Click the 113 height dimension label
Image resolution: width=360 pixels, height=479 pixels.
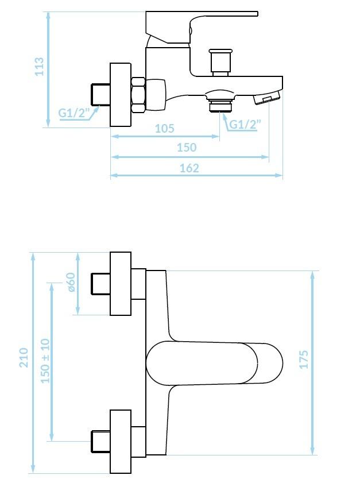click(40, 66)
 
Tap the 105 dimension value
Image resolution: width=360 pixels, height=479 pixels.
click(165, 128)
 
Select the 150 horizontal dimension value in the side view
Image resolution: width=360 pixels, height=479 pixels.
click(187, 148)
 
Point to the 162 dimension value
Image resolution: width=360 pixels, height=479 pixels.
click(189, 168)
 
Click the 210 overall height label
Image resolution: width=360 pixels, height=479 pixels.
click(24, 358)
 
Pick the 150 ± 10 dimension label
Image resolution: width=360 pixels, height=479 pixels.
click(45, 361)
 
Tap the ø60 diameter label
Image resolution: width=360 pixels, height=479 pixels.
click(71, 282)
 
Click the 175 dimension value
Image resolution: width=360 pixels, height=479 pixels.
click(304, 360)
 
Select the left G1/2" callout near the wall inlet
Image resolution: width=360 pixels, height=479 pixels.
click(73, 113)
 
